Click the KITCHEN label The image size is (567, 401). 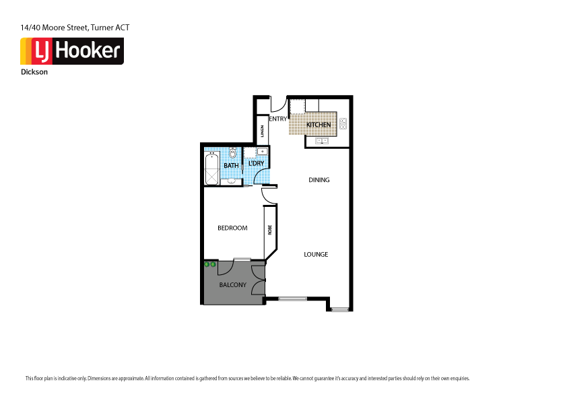318,125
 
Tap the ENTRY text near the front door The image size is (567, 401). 277,119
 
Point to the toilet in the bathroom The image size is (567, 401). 232,153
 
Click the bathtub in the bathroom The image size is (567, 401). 212,169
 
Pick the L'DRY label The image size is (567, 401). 256,164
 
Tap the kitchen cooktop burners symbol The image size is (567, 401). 343,123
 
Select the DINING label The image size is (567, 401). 319,180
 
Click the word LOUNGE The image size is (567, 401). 316,254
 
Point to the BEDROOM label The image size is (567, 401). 232,228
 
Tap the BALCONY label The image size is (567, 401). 232,285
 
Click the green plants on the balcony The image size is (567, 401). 210,264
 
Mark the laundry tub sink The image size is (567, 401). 264,152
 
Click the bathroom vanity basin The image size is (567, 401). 231,181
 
